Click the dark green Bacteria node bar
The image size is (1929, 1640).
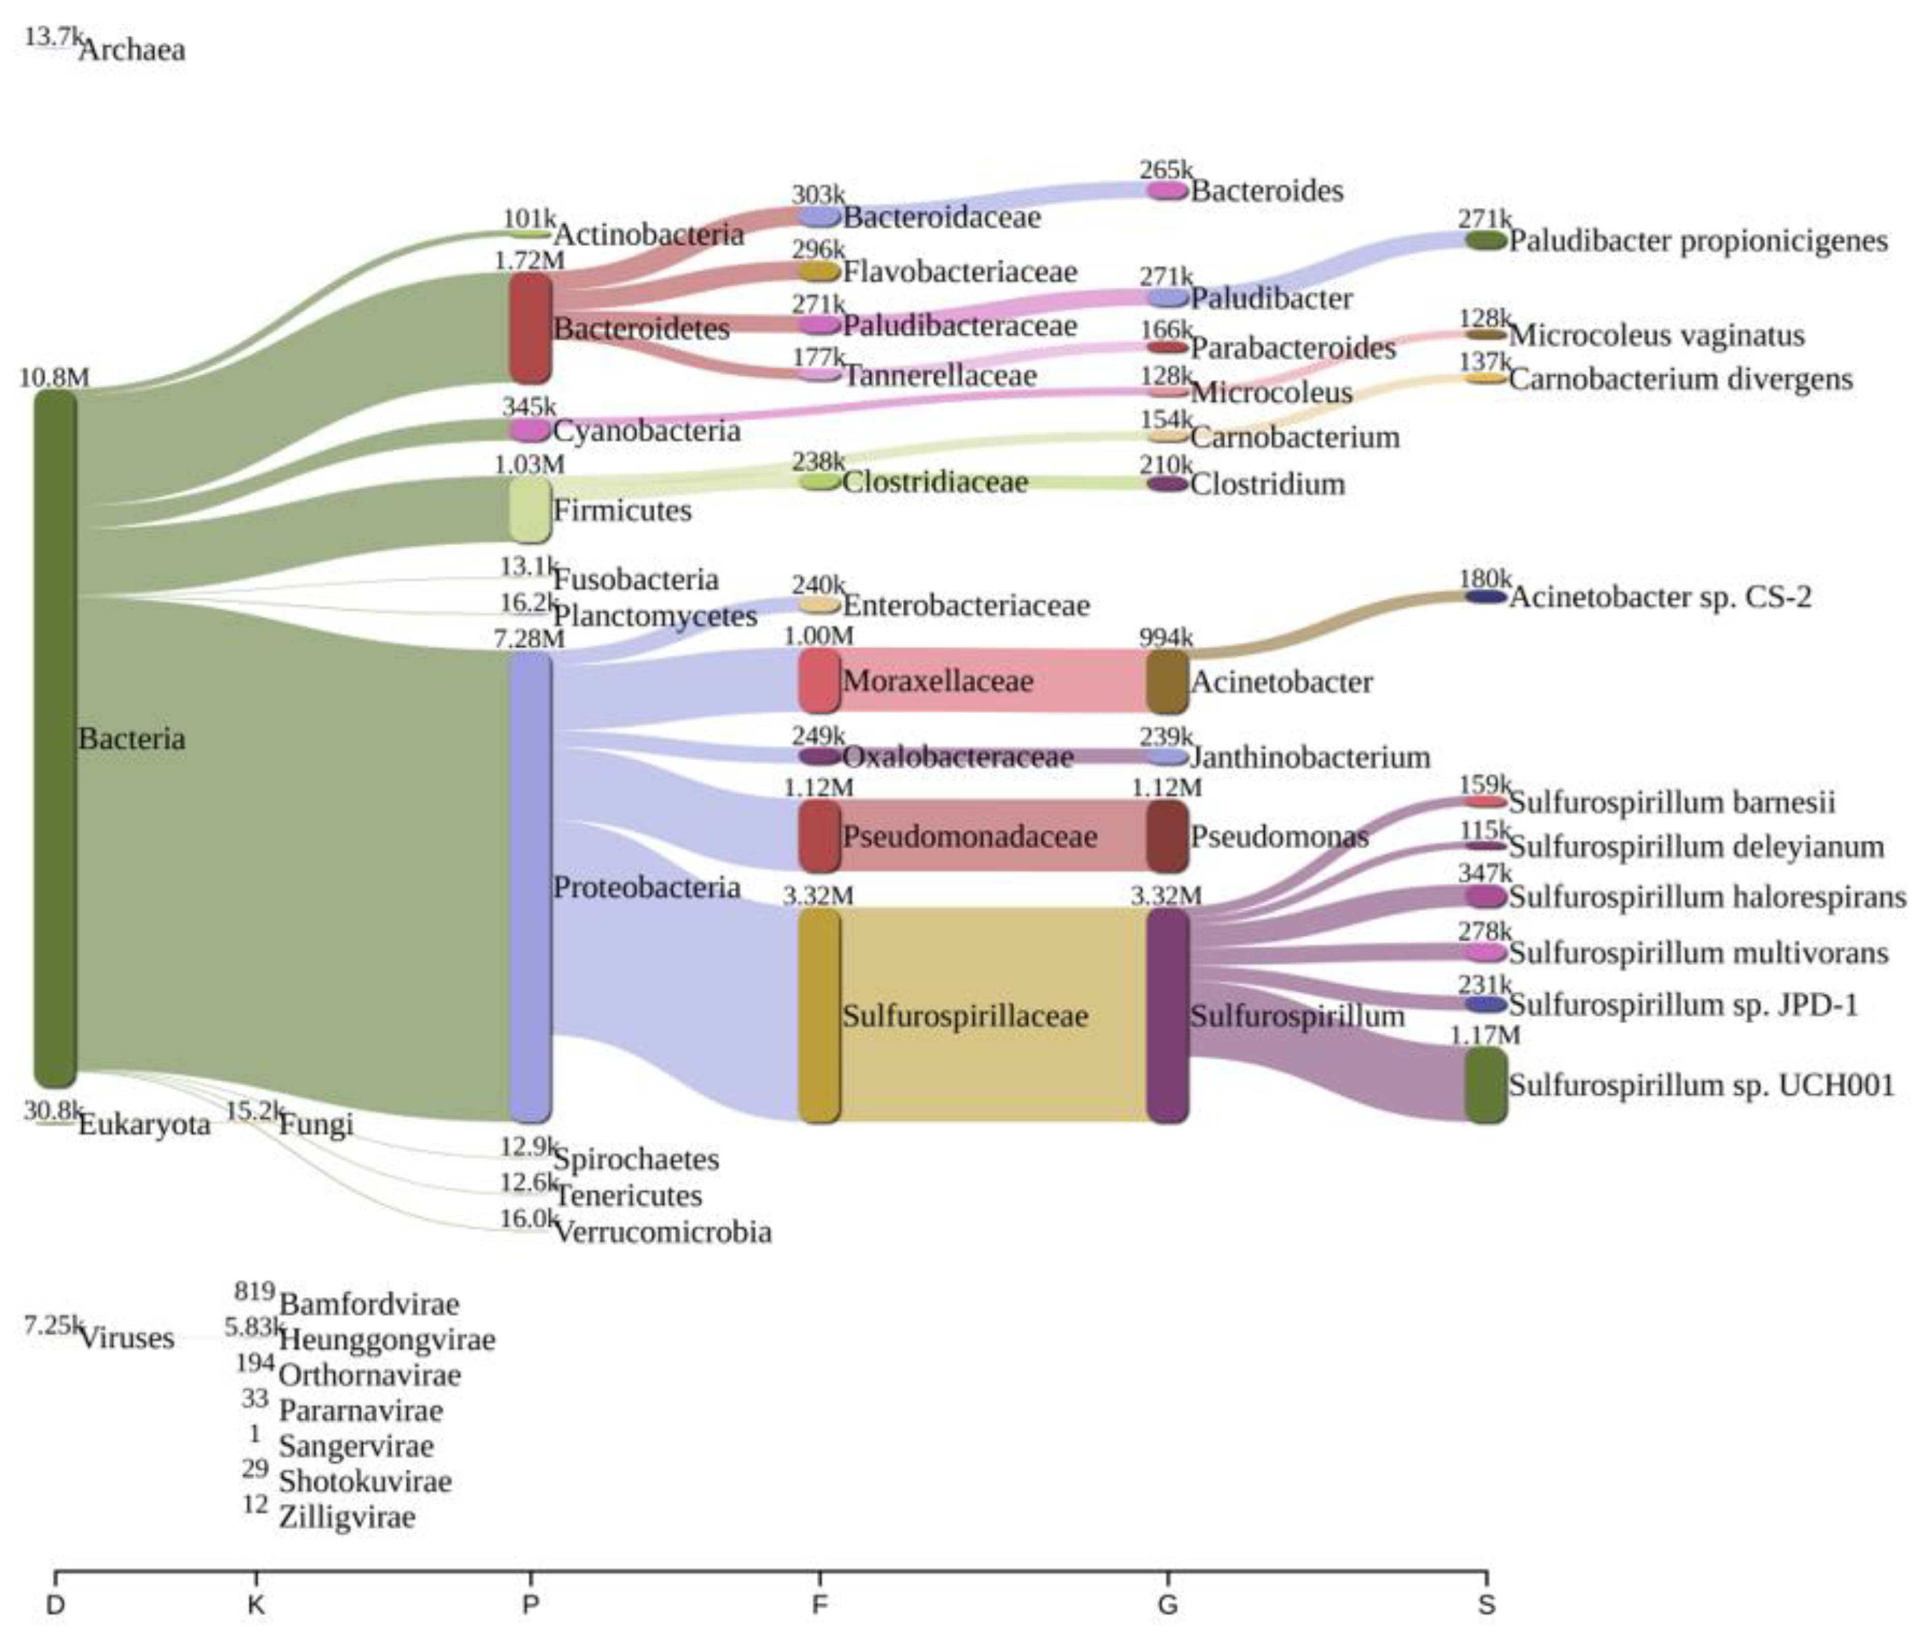(55, 737)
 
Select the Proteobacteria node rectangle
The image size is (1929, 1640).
(530, 886)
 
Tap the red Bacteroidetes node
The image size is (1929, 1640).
(530, 327)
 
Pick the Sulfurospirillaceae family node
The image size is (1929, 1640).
(819, 1015)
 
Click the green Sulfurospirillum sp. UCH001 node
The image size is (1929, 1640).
(1486, 1085)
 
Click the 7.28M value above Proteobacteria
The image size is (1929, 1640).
(529, 639)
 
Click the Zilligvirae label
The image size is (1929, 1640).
(347, 1517)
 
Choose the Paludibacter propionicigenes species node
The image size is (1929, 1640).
(1486, 241)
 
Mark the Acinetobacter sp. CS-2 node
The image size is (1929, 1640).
(1486, 597)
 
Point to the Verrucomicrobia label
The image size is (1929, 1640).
(662, 1233)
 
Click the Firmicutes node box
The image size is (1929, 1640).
(530, 510)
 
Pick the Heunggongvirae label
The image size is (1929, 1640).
(387, 1339)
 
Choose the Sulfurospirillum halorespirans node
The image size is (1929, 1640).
(1486, 896)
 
